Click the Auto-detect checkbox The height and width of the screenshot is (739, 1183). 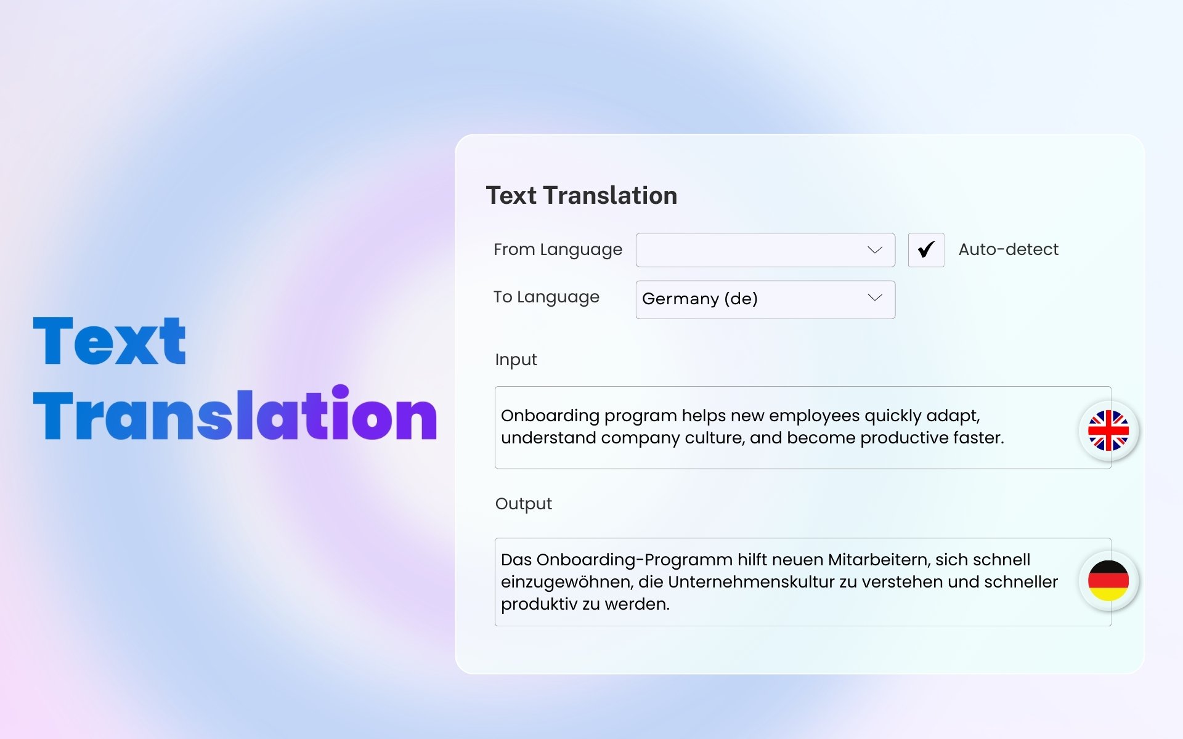pyautogui.click(x=926, y=250)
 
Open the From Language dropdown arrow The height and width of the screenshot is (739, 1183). pyautogui.click(x=875, y=250)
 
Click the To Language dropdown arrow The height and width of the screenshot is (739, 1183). pyautogui.click(x=875, y=297)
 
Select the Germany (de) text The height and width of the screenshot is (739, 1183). pyautogui.click(x=700, y=299)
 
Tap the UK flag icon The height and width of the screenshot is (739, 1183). pyautogui.click(x=1108, y=430)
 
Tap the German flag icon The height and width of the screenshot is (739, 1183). pyautogui.click(x=1108, y=581)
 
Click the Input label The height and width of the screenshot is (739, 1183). pyautogui.click(x=516, y=360)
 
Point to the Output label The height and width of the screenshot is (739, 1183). pyautogui.click(x=524, y=504)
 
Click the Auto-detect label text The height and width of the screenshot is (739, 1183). pyautogui.click(x=1009, y=249)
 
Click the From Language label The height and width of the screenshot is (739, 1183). pyautogui.click(x=558, y=249)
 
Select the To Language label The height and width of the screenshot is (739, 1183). pyautogui.click(x=547, y=297)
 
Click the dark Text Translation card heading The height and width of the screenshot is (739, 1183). pyautogui.click(x=582, y=195)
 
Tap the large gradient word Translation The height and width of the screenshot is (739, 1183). pyautogui.click(x=235, y=413)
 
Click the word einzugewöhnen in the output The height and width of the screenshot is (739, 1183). pyautogui.click(x=567, y=583)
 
